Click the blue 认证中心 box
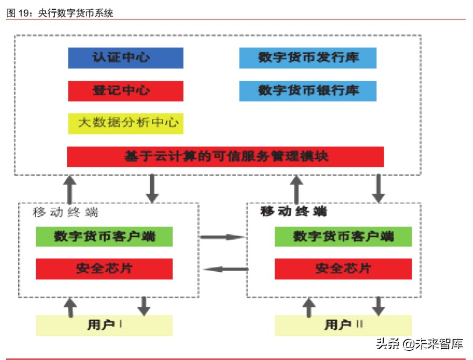125,58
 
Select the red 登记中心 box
125,91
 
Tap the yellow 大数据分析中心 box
125,123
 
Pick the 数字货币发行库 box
307,58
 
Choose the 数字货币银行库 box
307,91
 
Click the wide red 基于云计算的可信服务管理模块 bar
225,157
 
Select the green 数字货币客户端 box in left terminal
104,237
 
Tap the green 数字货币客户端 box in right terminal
343,237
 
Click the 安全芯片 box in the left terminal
104,269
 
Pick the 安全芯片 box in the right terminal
343,269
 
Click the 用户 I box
104,325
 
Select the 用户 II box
343,325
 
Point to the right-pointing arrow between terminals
222,237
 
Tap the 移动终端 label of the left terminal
65,212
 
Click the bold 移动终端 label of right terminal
293,211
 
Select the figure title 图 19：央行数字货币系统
60,13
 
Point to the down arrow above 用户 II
379,306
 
